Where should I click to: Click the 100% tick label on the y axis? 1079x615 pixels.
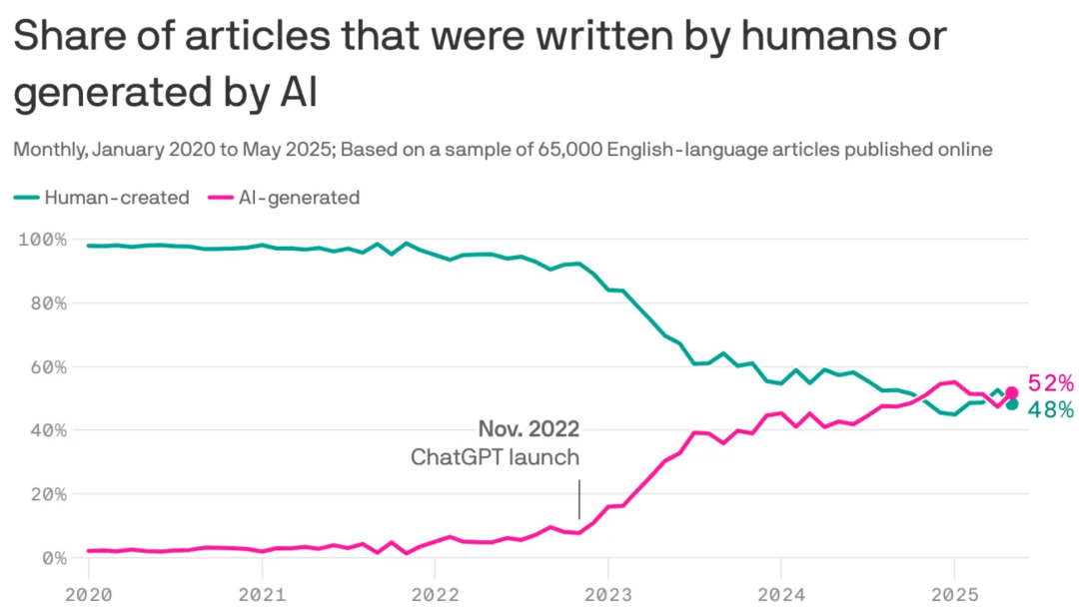click(x=43, y=240)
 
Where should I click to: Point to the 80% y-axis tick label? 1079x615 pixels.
click(x=49, y=304)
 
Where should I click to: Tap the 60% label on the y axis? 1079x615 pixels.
click(x=49, y=367)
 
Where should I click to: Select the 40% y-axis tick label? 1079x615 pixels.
click(x=49, y=430)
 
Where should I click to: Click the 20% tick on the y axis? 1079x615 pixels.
click(x=49, y=494)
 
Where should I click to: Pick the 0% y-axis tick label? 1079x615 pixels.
click(x=55, y=558)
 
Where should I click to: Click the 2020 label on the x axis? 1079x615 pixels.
click(x=89, y=594)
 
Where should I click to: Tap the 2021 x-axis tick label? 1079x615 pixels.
click(x=262, y=594)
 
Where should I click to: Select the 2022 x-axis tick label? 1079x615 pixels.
click(x=435, y=594)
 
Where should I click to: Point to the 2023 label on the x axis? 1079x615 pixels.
click(x=608, y=594)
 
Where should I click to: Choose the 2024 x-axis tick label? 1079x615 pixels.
click(x=781, y=594)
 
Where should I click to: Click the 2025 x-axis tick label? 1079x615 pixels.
click(x=954, y=594)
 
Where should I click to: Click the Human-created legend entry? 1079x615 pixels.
click(x=102, y=198)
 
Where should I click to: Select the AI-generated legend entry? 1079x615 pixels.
click(x=284, y=198)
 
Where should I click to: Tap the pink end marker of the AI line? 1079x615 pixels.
click(x=1011, y=392)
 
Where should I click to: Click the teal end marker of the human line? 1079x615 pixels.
click(x=1011, y=404)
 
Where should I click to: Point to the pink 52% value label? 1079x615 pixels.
click(x=1051, y=382)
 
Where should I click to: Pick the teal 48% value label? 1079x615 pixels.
click(x=1051, y=410)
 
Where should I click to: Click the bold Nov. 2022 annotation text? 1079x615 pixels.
click(x=530, y=429)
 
